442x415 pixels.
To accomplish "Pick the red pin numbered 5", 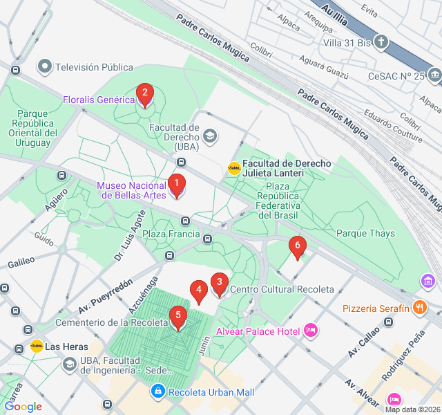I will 178,318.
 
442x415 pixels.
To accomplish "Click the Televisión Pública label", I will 94,67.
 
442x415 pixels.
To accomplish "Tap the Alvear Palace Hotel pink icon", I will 311,331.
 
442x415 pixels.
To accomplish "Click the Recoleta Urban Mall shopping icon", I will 158,392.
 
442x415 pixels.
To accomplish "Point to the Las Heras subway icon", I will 37,346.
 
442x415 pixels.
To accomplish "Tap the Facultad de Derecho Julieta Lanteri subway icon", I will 234,167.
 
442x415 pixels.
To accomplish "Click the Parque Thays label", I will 365,234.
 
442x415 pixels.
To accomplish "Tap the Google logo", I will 23,407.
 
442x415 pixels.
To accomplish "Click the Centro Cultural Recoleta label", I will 282,289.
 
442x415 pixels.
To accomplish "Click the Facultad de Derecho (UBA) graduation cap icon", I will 209,137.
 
